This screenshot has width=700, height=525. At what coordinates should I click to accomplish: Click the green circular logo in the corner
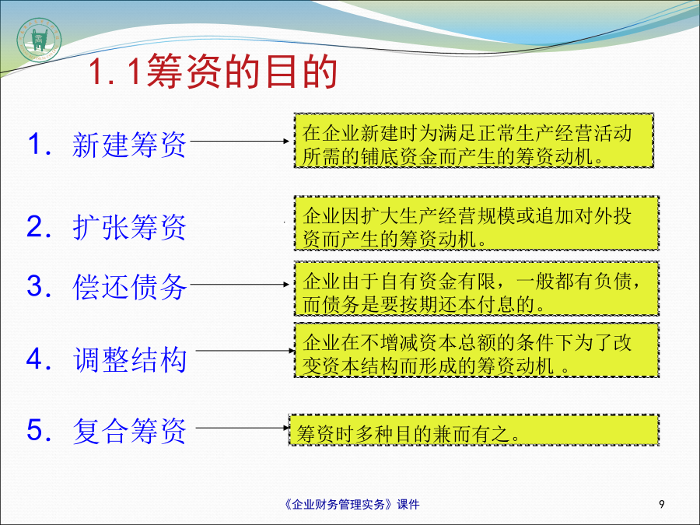tap(39, 40)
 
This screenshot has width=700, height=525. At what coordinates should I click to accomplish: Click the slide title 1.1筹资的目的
tap(212, 72)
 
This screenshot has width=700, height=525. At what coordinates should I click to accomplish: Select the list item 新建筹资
tap(129, 145)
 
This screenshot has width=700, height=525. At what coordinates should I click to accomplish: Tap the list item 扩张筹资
tap(129, 227)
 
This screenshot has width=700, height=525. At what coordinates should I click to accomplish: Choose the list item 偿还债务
tap(129, 286)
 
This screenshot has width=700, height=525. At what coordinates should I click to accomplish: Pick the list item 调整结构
tap(129, 359)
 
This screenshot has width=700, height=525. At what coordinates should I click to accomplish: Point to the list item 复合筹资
tap(129, 431)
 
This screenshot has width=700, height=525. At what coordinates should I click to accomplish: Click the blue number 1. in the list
tap(40, 145)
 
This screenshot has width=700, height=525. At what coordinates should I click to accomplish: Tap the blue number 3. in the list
tap(40, 286)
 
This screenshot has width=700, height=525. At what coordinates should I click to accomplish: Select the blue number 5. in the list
tap(40, 430)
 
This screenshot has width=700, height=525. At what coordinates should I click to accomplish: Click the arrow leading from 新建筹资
tap(240, 141)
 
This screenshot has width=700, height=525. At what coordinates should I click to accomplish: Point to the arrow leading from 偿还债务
tap(240, 284)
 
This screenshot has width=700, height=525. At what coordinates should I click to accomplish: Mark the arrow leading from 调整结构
tap(246, 351)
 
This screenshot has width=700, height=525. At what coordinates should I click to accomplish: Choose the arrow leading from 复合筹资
tap(243, 428)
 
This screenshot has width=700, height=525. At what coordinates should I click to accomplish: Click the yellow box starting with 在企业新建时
tap(474, 141)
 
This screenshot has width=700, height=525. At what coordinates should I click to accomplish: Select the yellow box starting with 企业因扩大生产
tap(476, 223)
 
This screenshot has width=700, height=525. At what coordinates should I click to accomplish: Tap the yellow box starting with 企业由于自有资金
tap(476, 289)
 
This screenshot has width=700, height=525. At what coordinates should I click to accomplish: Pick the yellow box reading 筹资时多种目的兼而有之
tap(474, 430)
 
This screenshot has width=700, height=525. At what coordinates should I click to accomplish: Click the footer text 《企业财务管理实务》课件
tap(352, 505)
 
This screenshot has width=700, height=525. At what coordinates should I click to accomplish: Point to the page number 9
tap(662, 504)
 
